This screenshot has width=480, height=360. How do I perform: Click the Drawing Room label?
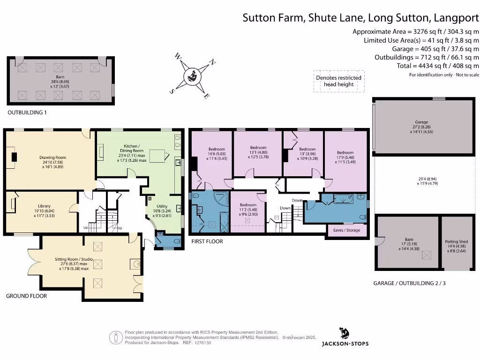point(52,157)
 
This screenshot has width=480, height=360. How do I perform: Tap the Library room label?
point(47,206)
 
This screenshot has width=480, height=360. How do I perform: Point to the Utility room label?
point(162,206)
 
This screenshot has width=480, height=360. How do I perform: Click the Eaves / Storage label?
point(347,230)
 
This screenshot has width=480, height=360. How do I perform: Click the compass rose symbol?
point(192,75)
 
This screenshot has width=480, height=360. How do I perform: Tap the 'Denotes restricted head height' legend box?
point(338,81)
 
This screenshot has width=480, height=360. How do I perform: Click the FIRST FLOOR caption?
point(207,241)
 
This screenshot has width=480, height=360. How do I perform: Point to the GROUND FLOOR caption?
point(26,296)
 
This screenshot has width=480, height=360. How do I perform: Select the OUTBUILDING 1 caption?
point(27,113)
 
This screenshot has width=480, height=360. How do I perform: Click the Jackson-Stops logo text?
point(345,344)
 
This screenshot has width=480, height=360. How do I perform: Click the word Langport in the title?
point(456,18)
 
